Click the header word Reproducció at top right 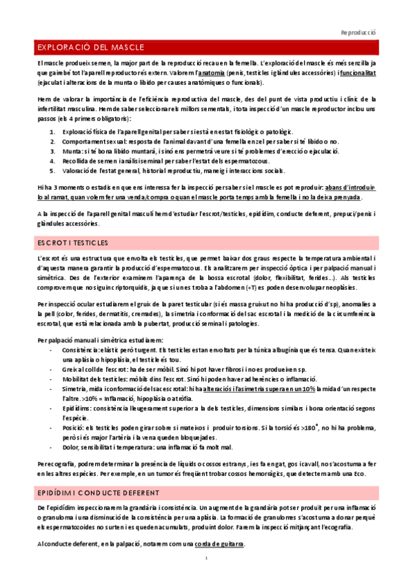[359, 32]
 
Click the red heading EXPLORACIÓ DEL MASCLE [90, 47]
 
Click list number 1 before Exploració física [46, 131]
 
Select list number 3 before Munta [46, 150]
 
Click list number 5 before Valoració [46, 170]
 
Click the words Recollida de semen [90, 161]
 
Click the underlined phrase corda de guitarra [220, 544]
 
